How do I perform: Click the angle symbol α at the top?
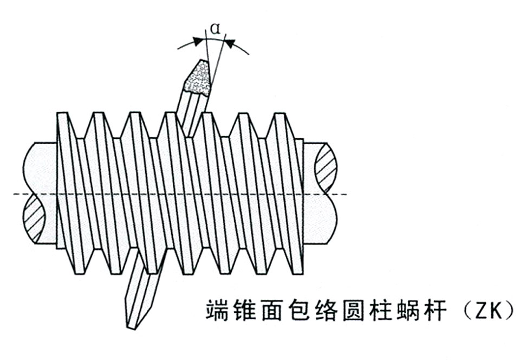[216, 29]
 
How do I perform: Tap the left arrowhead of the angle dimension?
[198, 41]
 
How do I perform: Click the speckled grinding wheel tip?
[199, 78]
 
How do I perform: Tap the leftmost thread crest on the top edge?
[62, 113]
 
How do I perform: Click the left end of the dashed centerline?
[14, 194]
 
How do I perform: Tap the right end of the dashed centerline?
[347, 194]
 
